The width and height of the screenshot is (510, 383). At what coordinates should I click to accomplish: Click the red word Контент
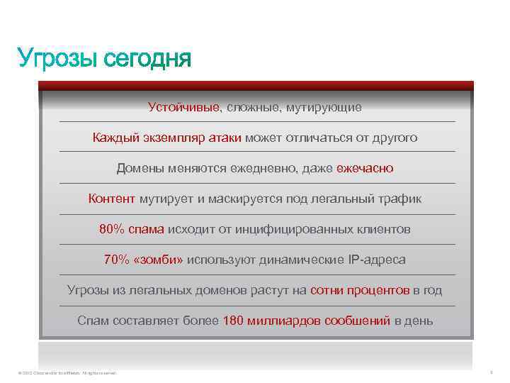point(112,199)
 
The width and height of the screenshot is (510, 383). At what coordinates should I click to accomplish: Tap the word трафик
point(402,199)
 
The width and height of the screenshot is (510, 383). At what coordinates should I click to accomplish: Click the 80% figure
point(112,229)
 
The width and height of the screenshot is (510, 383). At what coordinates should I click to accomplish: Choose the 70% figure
point(116,260)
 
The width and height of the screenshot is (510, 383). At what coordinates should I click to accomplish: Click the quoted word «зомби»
point(158,260)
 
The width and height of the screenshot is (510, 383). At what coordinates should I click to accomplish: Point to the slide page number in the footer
point(490,372)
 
